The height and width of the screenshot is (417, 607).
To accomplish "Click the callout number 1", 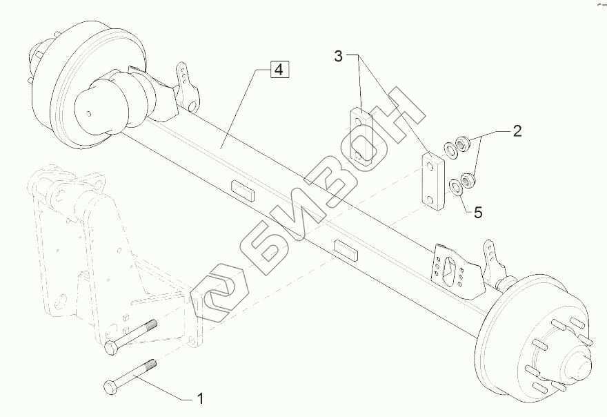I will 200,398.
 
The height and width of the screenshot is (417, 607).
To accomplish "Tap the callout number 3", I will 338,56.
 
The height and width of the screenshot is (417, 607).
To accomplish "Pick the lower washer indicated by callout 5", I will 455,186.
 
